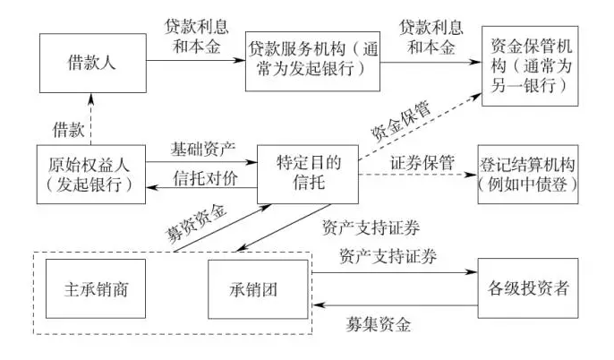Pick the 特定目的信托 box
(x=307, y=173)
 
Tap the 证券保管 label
(x=421, y=163)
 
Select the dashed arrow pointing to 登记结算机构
(x=416, y=176)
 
